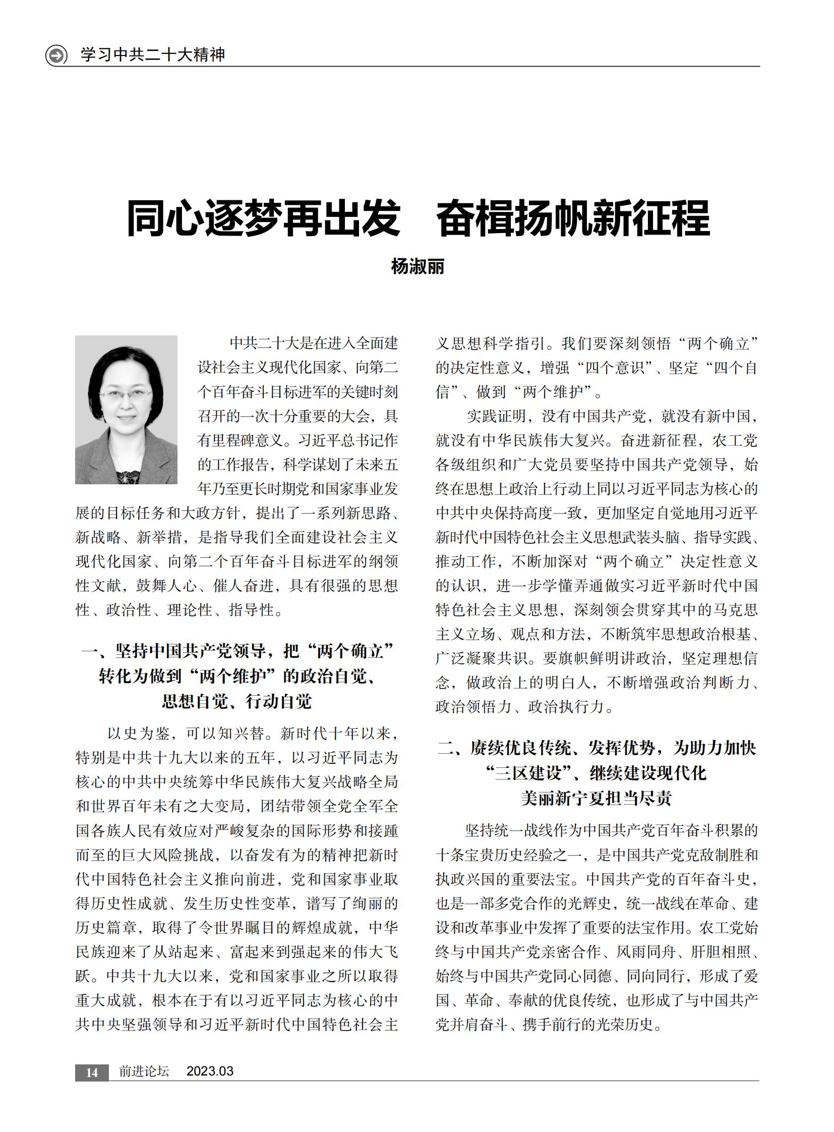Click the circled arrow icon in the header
(x=56, y=55)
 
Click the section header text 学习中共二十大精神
(x=152, y=54)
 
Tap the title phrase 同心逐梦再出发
(x=263, y=218)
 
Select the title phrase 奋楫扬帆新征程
(x=573, y=218)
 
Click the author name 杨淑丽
(x=418, y=266)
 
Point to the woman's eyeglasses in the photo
(x=126, y=394)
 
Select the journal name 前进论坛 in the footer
(x=144, y=1071)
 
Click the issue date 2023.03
(x=210, y=1071)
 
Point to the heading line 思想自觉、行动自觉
(x=237, y=701)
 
